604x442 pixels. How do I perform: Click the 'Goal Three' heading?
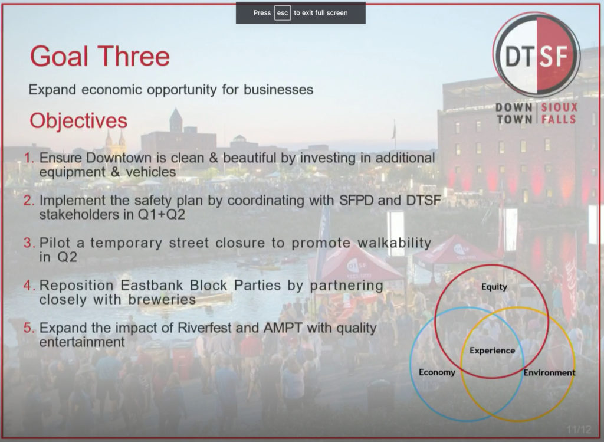pyautogui.click(x=100, y=56)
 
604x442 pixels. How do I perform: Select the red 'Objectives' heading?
pyautogui.click(x=78, y=120)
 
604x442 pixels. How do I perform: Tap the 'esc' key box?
pyautogui.click(x=283, y=13)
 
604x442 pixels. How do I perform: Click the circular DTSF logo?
pyautogui.click(x=536, y=55)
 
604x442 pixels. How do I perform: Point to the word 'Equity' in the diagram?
pyautogui.click(x=494, y=287)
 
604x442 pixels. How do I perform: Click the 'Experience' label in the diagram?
pyautogui.click(x=493, y=351)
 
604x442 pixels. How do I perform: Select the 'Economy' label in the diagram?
pyautogui.click(x=437, y=372)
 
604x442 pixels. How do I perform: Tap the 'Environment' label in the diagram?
pyautogui.click(x=549, y=372)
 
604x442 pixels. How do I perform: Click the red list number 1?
pyautogui.click(x=29, y=158)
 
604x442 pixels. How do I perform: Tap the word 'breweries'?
pyautogui.click(x=162, y=299)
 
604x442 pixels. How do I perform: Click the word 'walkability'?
pyautogui.click(x=395, y=243)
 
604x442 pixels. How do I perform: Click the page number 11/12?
pyautogui.click(x=579, y=430)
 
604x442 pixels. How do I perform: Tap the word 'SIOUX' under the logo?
pyautogui.click(x=559, y=107)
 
